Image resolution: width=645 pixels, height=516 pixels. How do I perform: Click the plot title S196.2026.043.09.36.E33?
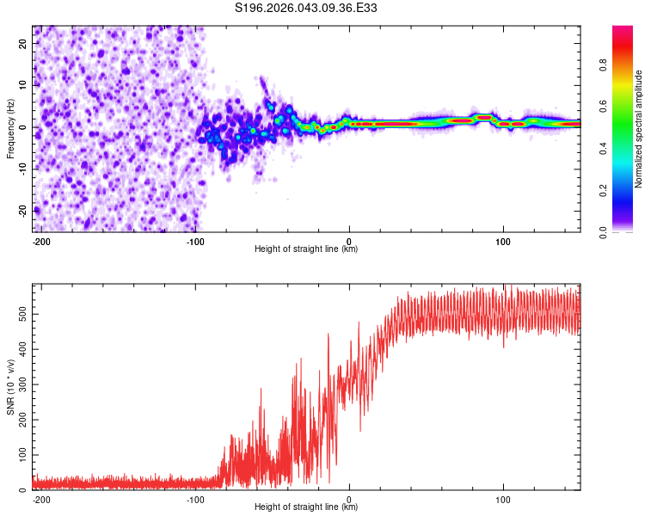click(306, 8)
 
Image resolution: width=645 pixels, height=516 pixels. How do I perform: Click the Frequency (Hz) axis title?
click(10, 128)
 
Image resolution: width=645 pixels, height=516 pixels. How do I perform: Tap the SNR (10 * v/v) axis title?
click(10, 387)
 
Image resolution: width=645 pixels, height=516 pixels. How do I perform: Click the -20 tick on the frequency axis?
click(23, 210)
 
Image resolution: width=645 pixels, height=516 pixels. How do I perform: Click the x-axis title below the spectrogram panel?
click(306, 249)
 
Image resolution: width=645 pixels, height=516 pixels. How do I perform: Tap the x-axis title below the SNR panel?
click(306, 507)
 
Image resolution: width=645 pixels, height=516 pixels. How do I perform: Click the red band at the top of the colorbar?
click(622, 34)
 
